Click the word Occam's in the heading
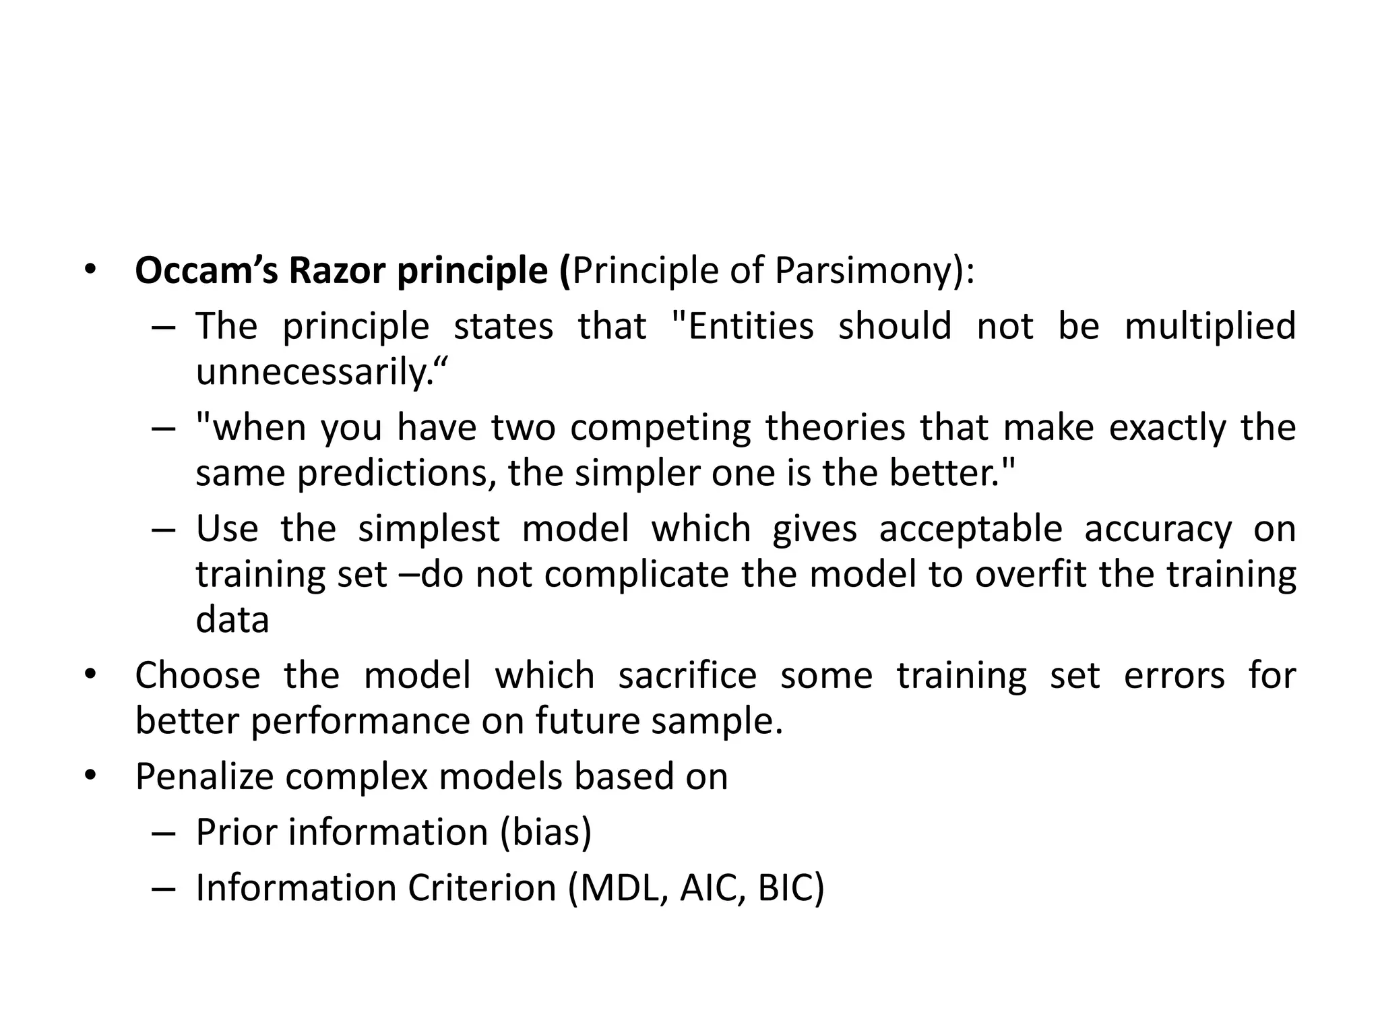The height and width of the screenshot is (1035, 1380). point(206,270)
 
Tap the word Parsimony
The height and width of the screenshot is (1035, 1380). point(866,272)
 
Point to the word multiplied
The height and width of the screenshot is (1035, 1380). point(1210,327)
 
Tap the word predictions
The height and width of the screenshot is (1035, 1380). point(392,473)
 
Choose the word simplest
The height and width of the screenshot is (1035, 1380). point(429,530)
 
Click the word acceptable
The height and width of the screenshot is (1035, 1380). point(970,530)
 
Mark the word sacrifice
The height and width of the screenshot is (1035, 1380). point(687,676)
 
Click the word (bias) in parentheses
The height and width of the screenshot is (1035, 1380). point(546,833)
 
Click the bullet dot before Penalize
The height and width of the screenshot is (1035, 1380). point(90,776)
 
